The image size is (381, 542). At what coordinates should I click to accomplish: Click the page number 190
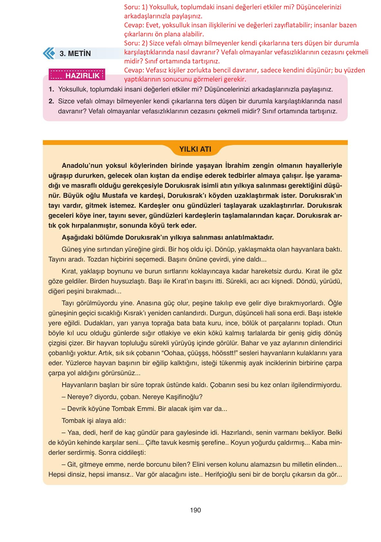195,510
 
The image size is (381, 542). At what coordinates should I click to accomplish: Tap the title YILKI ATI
195,149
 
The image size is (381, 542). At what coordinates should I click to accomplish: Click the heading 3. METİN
75,53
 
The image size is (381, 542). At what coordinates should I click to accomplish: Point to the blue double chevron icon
49,53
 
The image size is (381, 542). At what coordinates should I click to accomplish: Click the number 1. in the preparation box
51,90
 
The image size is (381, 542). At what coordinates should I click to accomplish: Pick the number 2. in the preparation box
51,101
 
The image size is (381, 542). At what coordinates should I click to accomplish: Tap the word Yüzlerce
79,363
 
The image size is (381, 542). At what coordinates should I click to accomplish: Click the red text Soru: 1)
135,7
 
